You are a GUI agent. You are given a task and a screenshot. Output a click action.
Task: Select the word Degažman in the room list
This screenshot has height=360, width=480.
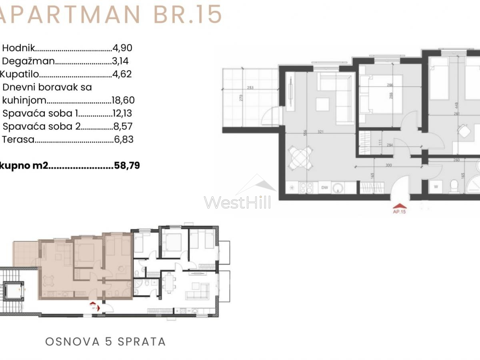[28, 61]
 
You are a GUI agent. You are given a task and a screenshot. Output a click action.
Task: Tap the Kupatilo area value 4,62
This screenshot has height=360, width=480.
[122, 74]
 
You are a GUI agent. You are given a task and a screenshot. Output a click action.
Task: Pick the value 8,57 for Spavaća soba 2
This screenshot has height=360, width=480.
[123, 127]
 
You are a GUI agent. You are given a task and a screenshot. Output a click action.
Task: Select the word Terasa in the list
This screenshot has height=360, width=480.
[18, 140]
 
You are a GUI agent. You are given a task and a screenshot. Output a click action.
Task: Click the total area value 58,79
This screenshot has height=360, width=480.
[126, 166]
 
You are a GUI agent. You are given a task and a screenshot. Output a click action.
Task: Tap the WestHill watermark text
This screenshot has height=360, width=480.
[237, 202]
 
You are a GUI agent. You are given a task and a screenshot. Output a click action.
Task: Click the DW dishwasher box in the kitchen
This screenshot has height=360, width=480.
[324, 188]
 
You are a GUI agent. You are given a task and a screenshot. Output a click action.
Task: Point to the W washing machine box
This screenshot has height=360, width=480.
[436, 186]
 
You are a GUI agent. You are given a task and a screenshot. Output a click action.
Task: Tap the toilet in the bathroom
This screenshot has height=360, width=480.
[454, 186]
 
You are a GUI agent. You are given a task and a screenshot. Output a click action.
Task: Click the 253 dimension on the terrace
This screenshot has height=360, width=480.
[250, 88]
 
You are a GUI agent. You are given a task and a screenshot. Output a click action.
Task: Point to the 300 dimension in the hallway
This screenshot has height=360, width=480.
[377, 164]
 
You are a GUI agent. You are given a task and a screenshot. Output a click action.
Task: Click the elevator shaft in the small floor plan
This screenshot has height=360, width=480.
[14, 293]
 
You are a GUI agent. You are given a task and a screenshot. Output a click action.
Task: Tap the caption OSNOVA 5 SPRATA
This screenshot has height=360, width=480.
[105, 342]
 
